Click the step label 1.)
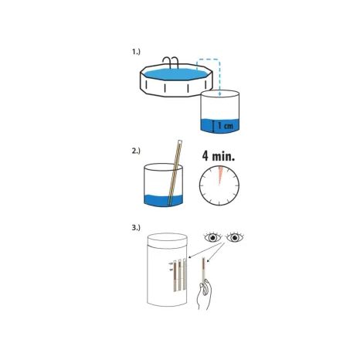[x=136, y=52]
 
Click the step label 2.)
[x=136, y=151]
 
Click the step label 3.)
[x=136, y=228]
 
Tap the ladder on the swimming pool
[x=171, y=63]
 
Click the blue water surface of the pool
[x=176, y=74]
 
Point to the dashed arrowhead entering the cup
[x=219, y=94]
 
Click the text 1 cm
[x=226, y=126]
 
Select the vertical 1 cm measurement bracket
[x=213, y=126]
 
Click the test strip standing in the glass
[x=175, y=172]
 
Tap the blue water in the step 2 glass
[x=163, y=200]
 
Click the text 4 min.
[x=219, y=156]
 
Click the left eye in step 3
[x=212, y=237]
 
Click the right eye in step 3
[x=235, y=237]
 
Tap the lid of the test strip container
[x=168, y=240]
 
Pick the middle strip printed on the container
[x=180, y=275]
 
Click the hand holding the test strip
[x=205, y=294]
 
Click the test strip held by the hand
[x=204, y=270]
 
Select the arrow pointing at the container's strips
[x=206, y=250]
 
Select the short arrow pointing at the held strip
[x=216, y=253]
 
